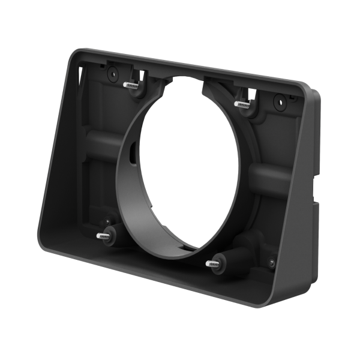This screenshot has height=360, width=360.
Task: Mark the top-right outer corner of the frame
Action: [x=313, y=90]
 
